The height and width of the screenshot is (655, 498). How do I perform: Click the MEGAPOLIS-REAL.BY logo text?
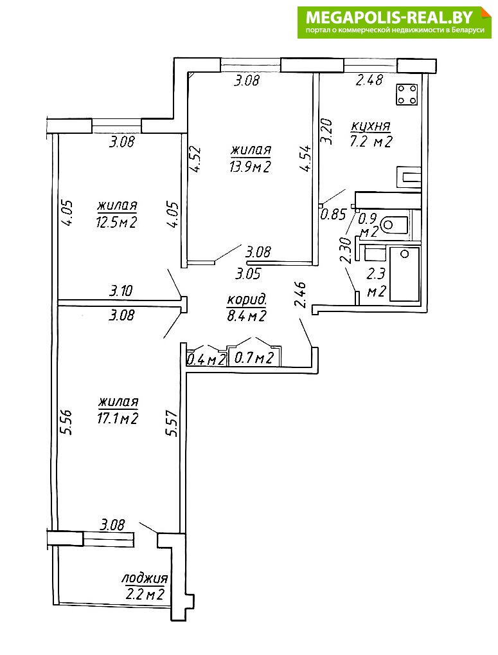(x=389, y=17)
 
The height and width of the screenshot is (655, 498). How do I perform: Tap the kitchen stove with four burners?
(x=406, y=95)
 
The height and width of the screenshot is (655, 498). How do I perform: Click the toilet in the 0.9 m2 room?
(x=393, y=225)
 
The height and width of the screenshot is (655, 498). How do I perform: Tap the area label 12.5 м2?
(x=118, y=223)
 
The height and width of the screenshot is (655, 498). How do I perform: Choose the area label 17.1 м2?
(x=118, y=418)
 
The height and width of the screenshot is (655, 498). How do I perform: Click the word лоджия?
(x=145, y=578)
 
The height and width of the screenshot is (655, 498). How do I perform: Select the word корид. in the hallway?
(x=247, y=300)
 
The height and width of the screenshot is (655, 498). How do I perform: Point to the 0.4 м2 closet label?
(x=206, y=359)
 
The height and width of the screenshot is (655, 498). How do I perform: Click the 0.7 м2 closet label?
(x=254, y=358)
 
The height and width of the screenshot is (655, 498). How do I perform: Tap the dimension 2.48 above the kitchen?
(x=369, y=80)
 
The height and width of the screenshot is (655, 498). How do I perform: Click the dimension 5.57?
(x=170, y=425)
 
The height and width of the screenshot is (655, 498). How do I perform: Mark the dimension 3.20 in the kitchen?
(x=326, y=131)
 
